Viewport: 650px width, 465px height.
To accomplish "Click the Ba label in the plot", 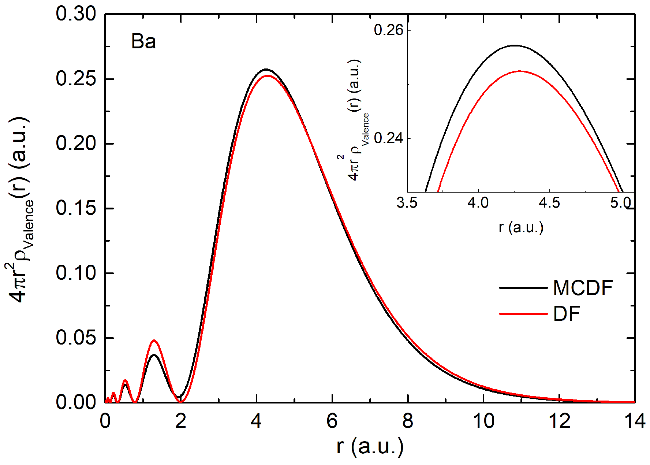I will pyautogui.click(x=143, y=41).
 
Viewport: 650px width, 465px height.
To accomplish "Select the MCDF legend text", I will pyautogui.click(x=583, y=288).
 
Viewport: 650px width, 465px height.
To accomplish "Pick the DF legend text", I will pyautogui.click(x=567, y=314).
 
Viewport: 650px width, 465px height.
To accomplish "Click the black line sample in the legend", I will pyautogui.click(x=523, y=288).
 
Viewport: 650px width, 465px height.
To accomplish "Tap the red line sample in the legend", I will pyautogui.click(x=523, y=314).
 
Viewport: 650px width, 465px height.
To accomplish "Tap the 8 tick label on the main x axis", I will pyautogui.click(x=408, y=421).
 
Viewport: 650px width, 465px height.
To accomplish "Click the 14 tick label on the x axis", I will pyautogui.click(x=635, y=421).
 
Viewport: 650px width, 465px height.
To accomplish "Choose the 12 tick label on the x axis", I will pyautogui.click(x=560, y=421).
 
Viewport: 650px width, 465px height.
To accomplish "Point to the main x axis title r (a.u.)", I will pyautogui.click(x=370, y=446).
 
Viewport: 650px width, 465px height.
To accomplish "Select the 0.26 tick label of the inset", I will pyautogui.click(x=388, y=30).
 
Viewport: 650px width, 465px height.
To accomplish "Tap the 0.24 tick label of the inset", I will pyautogui.click(x=388, y=138).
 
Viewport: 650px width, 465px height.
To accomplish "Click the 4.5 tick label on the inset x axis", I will pyautogui.click(x=549, y=202).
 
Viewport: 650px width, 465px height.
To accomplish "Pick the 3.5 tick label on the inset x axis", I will pyautogui.click(x=407, y=202).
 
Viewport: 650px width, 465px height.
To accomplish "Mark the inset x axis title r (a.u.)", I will pyautogui.click(x=521, y=227).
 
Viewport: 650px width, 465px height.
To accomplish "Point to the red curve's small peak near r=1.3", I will pyautogui.click(x=154, y=341).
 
